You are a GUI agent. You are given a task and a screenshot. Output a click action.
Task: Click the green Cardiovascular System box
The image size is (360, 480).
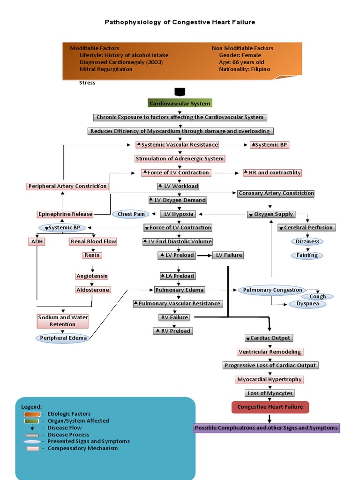coord(180,103)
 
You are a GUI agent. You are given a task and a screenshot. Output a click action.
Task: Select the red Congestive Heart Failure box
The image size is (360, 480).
coord(270,407)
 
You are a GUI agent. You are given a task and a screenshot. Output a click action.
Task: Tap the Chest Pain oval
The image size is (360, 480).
coord(131,214)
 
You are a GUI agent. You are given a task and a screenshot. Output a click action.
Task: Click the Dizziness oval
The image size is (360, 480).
coord(307,242)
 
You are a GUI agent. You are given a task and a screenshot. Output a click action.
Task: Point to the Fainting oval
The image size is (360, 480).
coord(307,255)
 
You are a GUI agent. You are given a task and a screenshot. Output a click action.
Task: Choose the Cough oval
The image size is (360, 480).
coord(317,297)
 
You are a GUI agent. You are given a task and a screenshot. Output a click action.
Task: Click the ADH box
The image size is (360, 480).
coord(37,241)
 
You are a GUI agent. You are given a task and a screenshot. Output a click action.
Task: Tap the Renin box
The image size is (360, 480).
coord(92,255)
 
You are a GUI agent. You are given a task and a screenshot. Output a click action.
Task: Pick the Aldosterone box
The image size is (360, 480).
coord(93,290)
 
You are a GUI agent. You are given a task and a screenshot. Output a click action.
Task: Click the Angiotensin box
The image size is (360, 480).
coord(92,276)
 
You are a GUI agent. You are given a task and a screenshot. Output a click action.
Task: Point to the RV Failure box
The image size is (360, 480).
coord(173,318)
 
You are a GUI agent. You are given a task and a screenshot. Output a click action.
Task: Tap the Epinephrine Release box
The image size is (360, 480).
coord(65,214)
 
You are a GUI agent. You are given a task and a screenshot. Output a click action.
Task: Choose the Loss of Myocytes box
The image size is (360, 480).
coord(270,393)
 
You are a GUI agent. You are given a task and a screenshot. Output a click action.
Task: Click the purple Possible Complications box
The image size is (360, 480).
coord(266,428)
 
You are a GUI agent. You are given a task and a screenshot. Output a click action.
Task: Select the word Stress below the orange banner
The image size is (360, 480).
coord(87,83)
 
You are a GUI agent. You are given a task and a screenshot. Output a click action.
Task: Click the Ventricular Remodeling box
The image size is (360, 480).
coord(270,352)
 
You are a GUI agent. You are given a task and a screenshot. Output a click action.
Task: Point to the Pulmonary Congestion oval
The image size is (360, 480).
coord(272,290)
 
